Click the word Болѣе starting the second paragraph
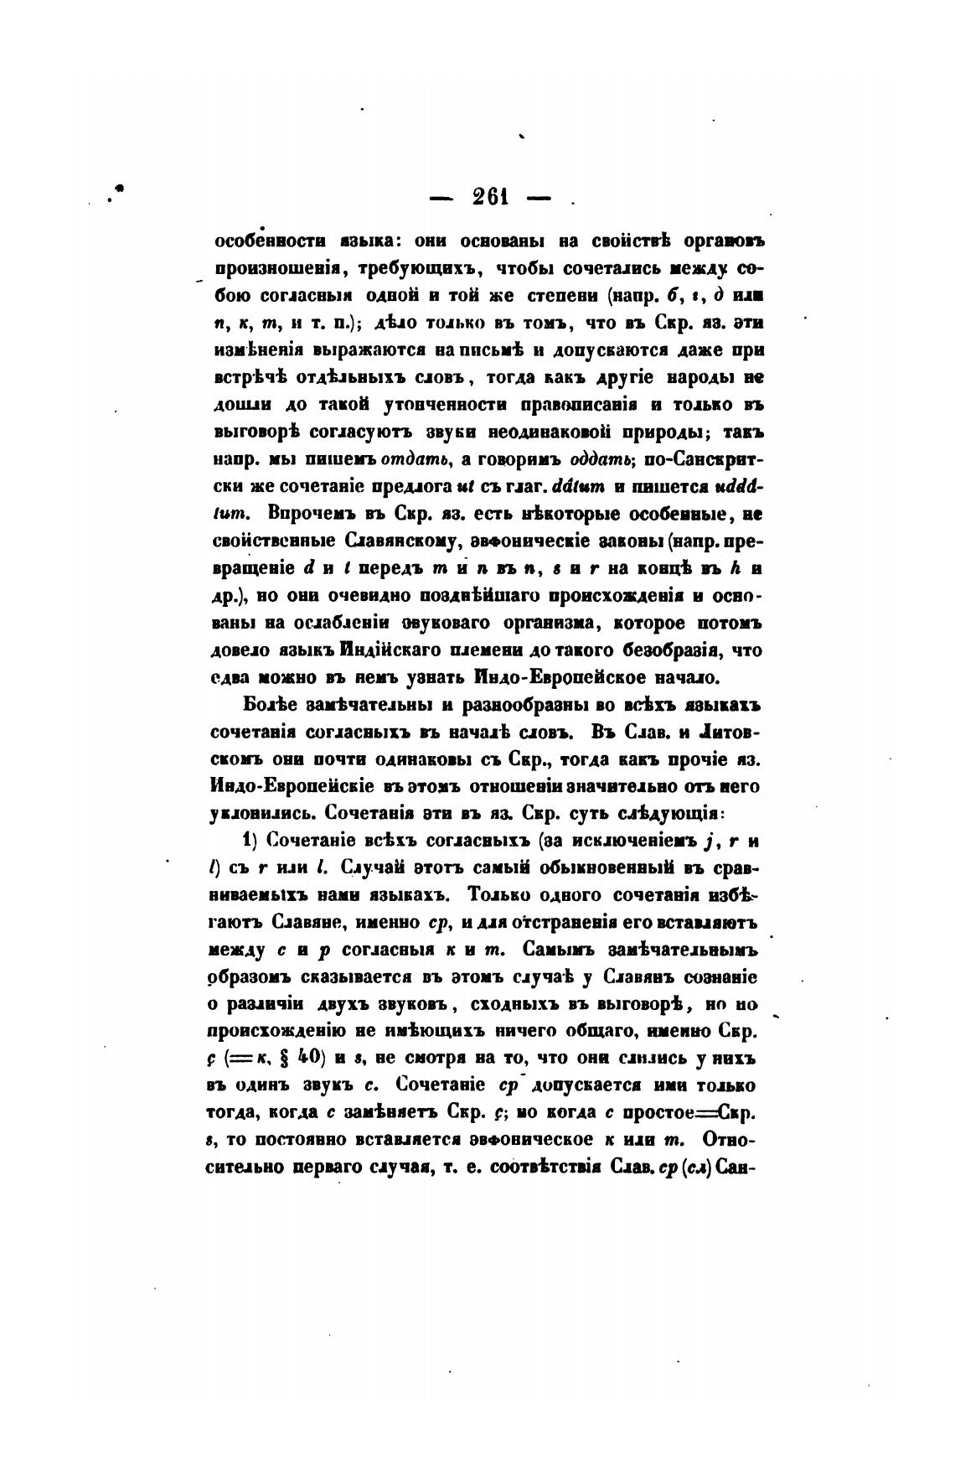(x=265, y=704)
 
